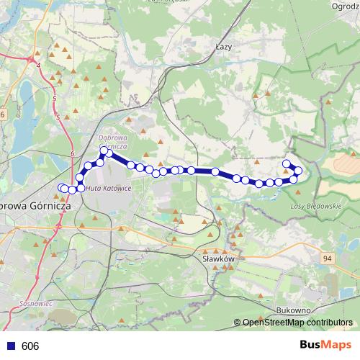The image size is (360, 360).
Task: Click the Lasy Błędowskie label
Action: [x=315, y=206]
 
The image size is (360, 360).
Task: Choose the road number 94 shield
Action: [x=328, y=258]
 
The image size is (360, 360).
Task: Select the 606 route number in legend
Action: [x=30, y=346]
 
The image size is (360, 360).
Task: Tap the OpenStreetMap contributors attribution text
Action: [x=297, y=323]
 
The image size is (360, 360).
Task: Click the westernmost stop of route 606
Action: [x=61, y=188]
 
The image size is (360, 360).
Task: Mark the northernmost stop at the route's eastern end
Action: [x=287, y=164]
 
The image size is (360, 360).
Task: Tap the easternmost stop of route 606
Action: [x=298, y=170]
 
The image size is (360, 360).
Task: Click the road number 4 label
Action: [x=38, y=66]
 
